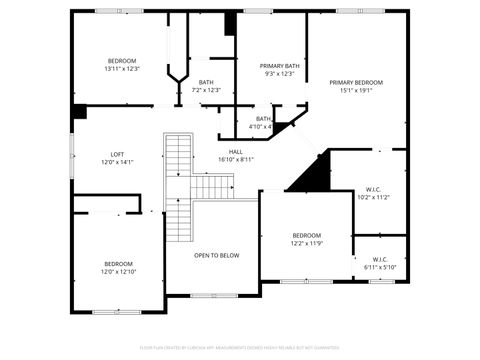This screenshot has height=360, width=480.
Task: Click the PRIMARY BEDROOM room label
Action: [x=356, y=82]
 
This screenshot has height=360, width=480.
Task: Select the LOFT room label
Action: [x=117, y=154]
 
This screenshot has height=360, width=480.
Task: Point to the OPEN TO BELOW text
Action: [x=217, y=255]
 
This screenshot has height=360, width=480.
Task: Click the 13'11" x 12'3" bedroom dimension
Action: [x=121, y=69]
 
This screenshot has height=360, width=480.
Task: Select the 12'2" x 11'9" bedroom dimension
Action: [x=307, y=243]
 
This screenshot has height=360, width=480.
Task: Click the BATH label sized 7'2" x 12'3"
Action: [x=206, y=90]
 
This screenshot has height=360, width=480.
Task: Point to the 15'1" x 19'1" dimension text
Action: [x=356, y=90]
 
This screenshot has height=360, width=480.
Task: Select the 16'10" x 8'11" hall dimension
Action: [x=236, y=159]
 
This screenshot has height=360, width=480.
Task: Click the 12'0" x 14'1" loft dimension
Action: [x=117, y=162]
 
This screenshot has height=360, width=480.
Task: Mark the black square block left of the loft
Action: [x=79, y=112]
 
